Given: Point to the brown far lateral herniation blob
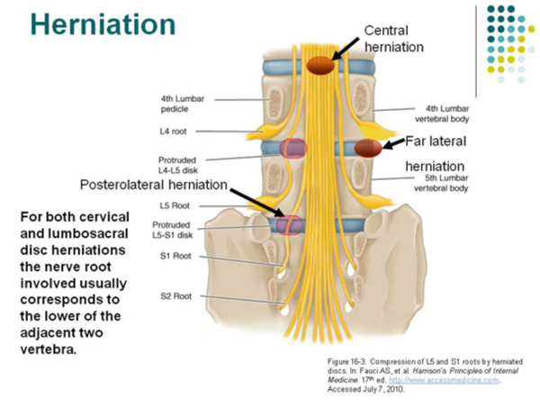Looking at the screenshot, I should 367,148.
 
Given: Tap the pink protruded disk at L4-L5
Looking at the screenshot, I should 292,148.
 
